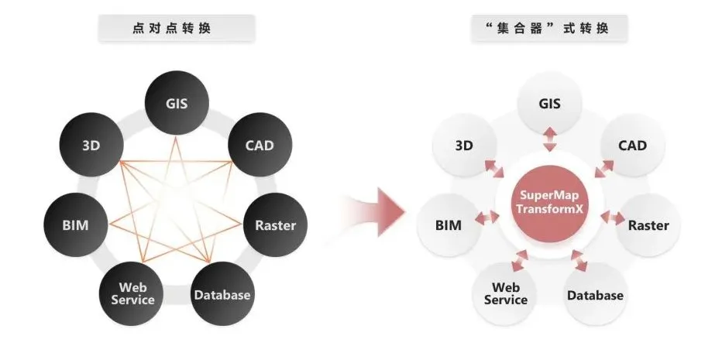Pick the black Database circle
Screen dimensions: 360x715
point(222,294)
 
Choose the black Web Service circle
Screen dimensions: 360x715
point(132,293)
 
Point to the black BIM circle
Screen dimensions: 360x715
point(75,225)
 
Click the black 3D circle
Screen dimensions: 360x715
point(91,144)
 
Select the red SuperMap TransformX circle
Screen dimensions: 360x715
point(550,203)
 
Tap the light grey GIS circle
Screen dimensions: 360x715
point(549,103)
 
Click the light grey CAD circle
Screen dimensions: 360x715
point(632,145)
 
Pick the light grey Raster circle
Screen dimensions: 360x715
point(648,225)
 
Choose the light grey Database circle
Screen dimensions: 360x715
point(595,295)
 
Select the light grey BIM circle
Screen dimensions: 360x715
point(449,225)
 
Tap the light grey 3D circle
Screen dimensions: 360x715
point(464,145)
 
